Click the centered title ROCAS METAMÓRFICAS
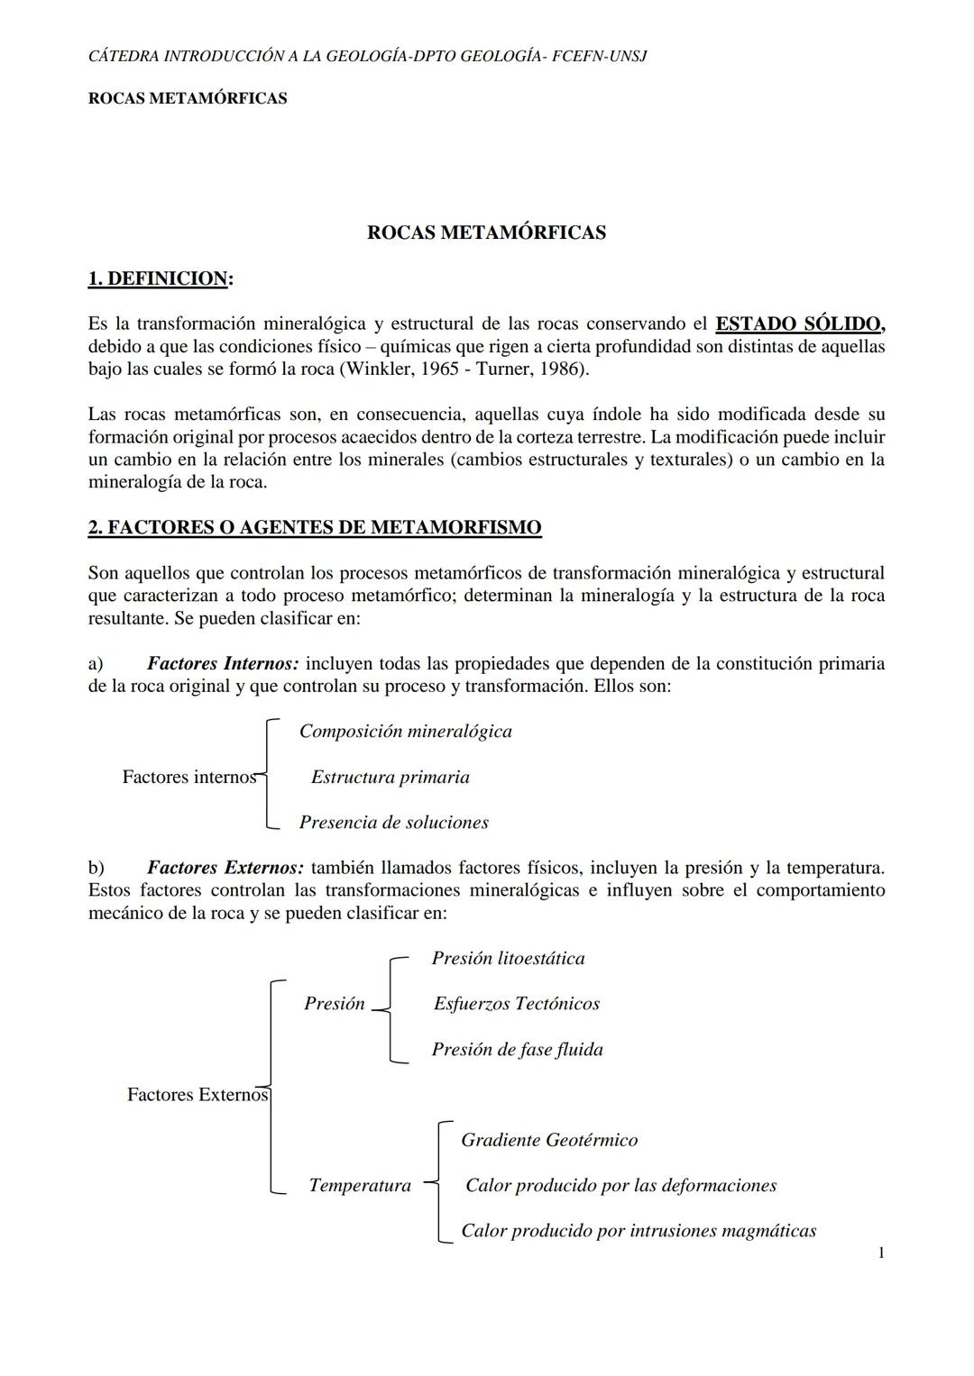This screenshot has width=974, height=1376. coord(486,232)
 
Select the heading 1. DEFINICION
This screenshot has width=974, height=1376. coord(159,279)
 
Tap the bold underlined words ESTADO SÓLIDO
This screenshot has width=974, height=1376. coord(799,323)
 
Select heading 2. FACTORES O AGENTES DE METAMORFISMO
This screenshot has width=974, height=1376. coord(315,528)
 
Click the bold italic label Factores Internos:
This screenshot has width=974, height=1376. coord(223,664)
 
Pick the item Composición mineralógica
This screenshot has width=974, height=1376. coord(405,732)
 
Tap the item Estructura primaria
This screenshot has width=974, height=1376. coord(390,777)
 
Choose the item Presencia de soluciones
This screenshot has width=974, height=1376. coord(393,823)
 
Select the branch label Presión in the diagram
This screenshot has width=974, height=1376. coord(335,1004)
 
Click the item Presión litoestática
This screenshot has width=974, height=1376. coord(508,959)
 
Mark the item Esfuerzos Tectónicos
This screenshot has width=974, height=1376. coord(516,1004)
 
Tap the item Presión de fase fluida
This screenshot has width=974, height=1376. coord(517,1050)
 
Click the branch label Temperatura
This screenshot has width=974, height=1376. coord(360,1186)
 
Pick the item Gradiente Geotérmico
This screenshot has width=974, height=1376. coord(549,1141)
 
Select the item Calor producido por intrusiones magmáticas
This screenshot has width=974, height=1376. coord(639,1231)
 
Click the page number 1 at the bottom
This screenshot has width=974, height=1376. coord(880,1253)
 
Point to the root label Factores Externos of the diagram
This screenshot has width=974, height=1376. coord(198,1095)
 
